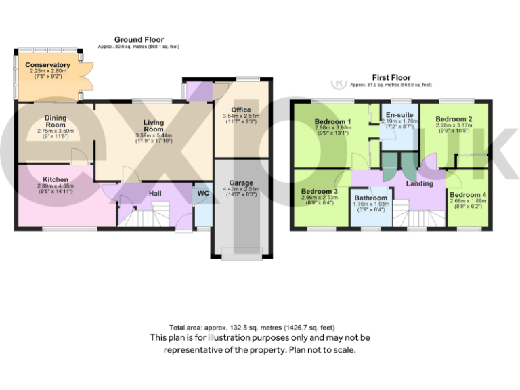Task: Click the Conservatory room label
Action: pos(48,65)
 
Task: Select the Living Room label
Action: pos(154,125)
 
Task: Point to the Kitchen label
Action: pos(56,179)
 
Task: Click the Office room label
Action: pos(241,110)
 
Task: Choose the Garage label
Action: pos(240,182)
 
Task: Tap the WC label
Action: pos(203,194)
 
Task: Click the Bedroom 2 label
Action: pos(454,119)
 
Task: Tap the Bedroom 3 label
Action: pos(319,192)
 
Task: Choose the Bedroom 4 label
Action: pos(467,195)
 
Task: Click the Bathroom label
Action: pos(370,198)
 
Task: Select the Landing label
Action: pos(419,183)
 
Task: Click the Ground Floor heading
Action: pos(138,40)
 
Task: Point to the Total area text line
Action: pos(260,327)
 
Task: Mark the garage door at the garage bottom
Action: pos(240,256)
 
